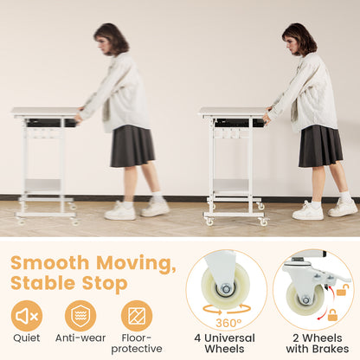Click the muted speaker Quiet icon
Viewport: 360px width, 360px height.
coord(27,316)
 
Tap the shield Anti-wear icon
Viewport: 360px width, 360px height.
coord(80,316)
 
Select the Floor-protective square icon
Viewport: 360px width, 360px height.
coord(136,316)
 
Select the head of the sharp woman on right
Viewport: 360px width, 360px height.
coord(298,39)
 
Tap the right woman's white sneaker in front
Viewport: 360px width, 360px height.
coord(307,210)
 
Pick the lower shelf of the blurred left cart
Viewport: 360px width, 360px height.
coord(43,184)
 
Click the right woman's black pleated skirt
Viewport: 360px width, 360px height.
coord(319,145)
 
